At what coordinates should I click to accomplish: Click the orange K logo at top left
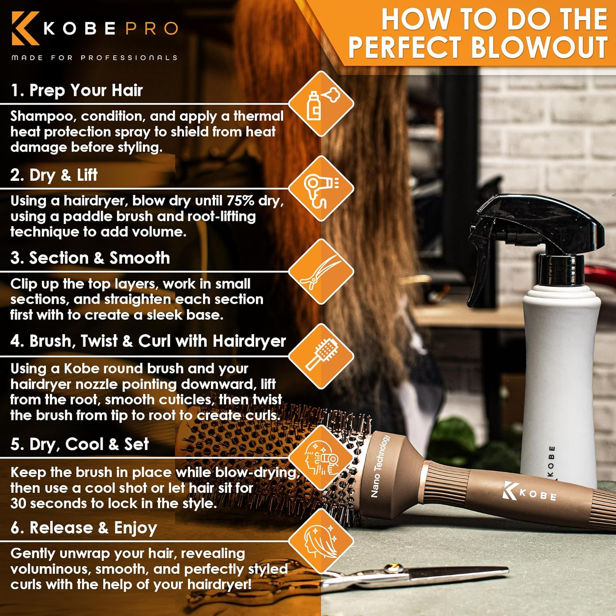click(25, 28)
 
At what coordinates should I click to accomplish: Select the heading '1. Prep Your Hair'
click(76, 90)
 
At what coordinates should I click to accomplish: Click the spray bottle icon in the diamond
click(321, 104)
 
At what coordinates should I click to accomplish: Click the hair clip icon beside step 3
click(321, 272)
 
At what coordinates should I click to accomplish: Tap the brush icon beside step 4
click(321, 356)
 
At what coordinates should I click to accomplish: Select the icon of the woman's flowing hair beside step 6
click(321, 541)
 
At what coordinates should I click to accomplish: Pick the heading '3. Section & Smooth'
click(90, 258)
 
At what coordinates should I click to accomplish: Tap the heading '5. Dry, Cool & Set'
click(80, 444)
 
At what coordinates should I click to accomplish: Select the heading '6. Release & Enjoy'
click(84, 528)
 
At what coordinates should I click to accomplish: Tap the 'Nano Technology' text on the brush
click(380, 466)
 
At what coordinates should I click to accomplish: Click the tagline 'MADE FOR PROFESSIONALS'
click(94, 57)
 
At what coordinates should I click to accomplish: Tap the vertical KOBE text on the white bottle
click(552, 462)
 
